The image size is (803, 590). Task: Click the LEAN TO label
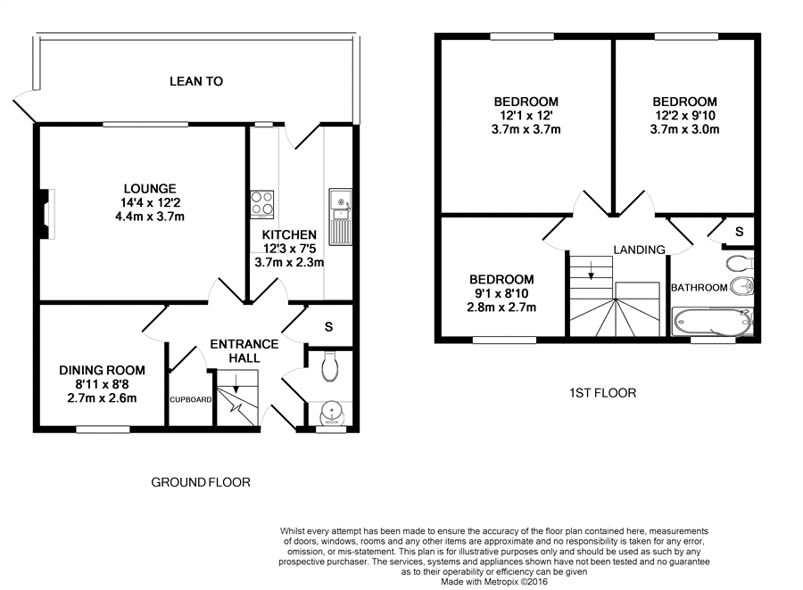click(196, 81)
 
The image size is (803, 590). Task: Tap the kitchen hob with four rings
click(261, 204)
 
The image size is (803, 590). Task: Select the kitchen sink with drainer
click(340, 217)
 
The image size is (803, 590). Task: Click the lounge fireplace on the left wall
click(47, 214)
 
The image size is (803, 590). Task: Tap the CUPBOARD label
click(191, 399)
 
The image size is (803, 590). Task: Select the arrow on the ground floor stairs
click(236, 383)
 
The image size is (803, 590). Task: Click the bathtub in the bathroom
click(712, 322)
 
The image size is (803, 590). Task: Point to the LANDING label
click(639, 250)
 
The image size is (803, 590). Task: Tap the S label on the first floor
click(739, 232)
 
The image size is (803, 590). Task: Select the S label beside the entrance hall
click(328, 326)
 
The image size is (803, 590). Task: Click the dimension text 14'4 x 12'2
click(150, 202)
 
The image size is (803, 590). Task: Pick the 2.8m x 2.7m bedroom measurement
click(501, 307)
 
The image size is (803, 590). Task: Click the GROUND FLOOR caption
click(201, 482)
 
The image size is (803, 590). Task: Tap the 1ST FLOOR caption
click(603, 393)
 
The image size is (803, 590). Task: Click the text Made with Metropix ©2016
click(494, 582)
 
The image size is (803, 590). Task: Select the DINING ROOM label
click(102, 370)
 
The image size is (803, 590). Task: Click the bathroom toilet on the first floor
click(740, 263)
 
